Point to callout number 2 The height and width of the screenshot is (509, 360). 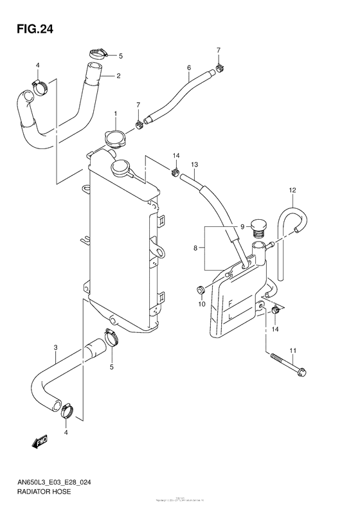(119, 75)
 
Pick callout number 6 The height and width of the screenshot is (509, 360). (189, 67)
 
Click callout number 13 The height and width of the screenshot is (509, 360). (194, 165)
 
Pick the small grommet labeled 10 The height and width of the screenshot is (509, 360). (201, 287)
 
